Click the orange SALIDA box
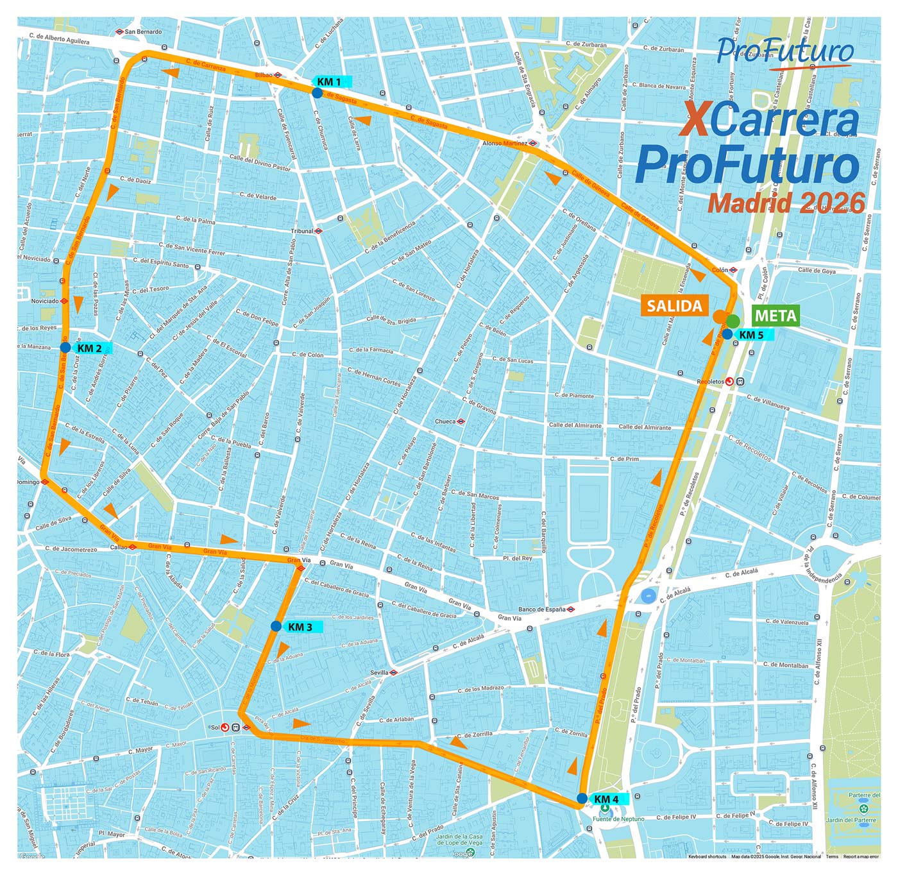click(x=674, y=306)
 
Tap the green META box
click(x=775, y=316)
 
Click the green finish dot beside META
click(x=733, y=321)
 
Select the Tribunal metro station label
click(x=303, y=231)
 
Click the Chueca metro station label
click(x=445, y=421)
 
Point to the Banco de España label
click(x=542, y=609)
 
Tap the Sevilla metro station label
click(x=380, y=672)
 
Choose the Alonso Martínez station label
click(x=505, y=143)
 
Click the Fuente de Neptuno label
click(x=618, y=819)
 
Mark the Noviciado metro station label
click(x=45, y=300)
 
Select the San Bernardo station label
click(x=143, y=31)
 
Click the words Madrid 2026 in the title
click(x=786, y=203)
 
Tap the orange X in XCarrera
click(x=695, y=120)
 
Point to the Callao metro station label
click(x=119, y=547)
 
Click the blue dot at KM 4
click(x=582, y=799)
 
